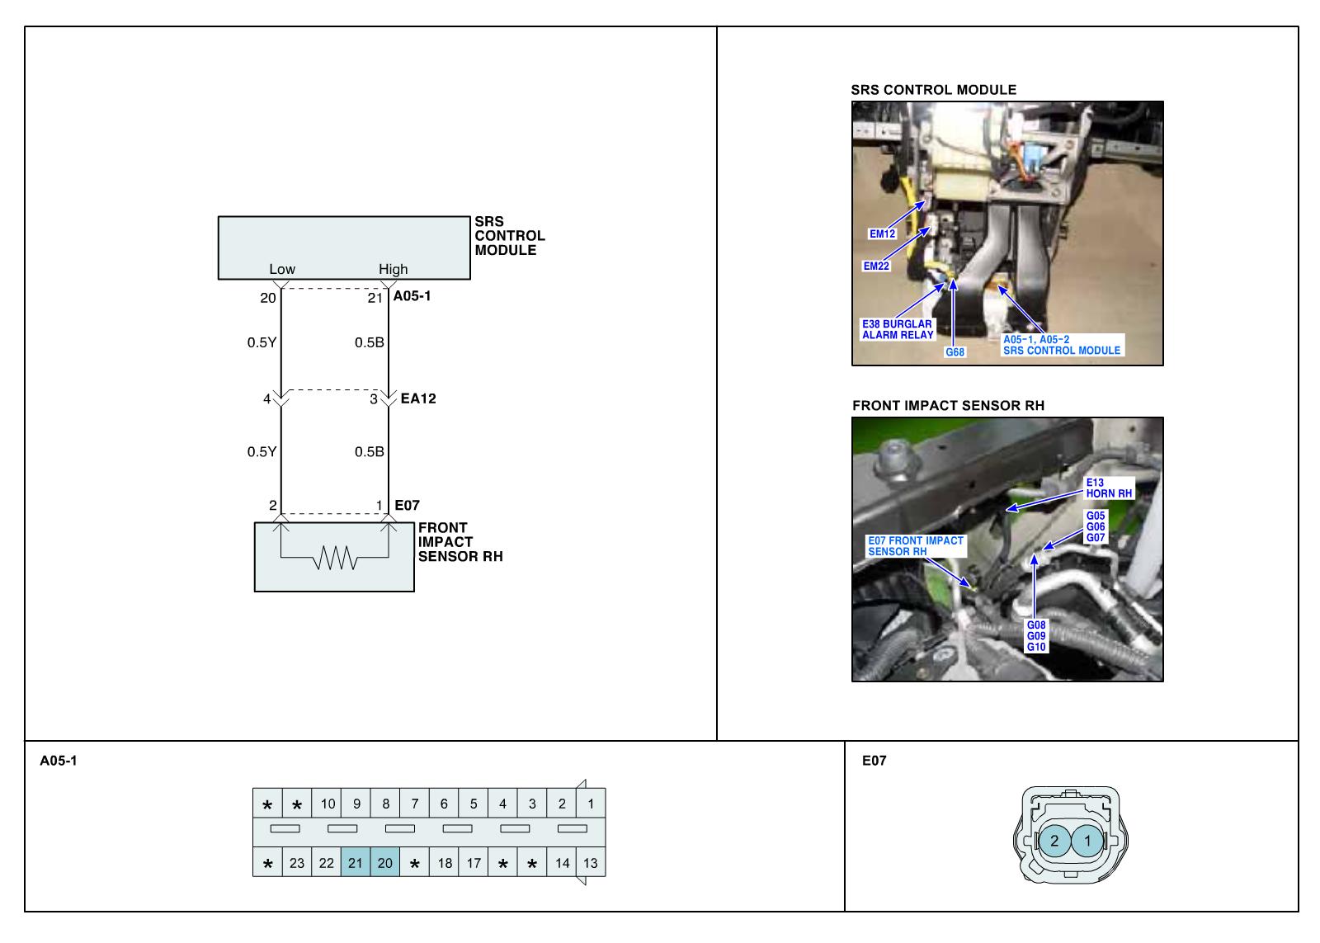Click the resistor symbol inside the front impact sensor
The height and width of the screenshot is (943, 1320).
[x=335, y=560]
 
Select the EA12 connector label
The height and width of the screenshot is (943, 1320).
[x=417, y=398]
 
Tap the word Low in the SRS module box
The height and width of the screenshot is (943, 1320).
[x=282, y=269]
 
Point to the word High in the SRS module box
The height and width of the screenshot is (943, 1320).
[x=393, y=269]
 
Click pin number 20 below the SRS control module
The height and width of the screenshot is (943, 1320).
[x=268, y=298]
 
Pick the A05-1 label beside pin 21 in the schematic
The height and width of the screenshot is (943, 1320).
[x=412, y=296]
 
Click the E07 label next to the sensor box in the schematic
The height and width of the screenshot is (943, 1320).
[x=407, y=505]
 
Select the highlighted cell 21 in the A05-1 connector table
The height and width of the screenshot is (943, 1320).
[x=356, y=863]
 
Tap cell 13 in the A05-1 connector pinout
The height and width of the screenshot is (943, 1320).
[x=591, y=863]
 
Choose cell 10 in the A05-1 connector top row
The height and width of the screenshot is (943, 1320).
[x=328, y=804]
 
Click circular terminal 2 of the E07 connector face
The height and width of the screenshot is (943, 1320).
[x=1054, y=842]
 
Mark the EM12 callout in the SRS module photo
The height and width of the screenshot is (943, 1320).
[x=882, y=233]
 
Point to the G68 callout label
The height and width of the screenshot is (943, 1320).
[x=955, y=352]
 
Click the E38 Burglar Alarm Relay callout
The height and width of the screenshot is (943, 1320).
[x=898, y=329]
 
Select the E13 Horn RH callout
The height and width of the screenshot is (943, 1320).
[x=1109, y=488]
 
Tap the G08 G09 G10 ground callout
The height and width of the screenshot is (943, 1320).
[x=1036, y=636]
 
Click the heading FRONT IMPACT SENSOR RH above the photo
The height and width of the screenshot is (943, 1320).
[x=948, y=405]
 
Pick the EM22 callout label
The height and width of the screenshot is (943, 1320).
[x=876, y=266]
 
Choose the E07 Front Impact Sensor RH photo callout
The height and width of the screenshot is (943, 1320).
[x=915, y=545]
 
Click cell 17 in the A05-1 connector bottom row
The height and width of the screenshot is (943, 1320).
[x=474, y=863]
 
